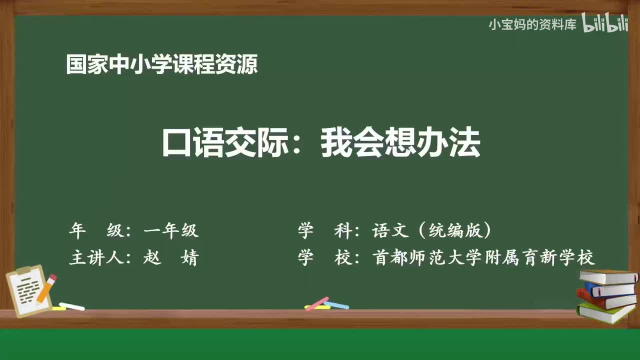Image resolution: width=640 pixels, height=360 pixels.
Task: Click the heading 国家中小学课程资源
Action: [x=161, y=65]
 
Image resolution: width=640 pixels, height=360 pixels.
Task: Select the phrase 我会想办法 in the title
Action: [x=400, y=143]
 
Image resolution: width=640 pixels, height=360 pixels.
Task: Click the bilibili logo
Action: [x=605, y=24]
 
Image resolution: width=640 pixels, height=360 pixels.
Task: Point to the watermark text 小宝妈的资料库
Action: [x=532, y=24]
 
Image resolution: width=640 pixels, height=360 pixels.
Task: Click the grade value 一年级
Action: [x=171, y=230]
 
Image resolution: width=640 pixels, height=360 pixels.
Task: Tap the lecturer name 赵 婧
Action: [x=171, y=258]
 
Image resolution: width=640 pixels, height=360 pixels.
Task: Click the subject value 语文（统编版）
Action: [x=432, y=230]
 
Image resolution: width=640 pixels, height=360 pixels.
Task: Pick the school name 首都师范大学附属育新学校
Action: [x=483, y=258]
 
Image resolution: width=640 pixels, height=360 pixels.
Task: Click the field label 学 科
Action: [x=325, y=230]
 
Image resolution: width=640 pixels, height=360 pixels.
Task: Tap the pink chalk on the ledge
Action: [x=316, y=303]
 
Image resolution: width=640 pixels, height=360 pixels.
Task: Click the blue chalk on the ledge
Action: [x=337, y=305]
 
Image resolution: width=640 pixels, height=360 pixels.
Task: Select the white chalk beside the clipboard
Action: [x=72, y=306]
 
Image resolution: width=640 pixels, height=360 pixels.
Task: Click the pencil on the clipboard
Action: [x=46, y=288]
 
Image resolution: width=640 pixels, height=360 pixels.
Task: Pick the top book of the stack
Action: [x=608, y=276]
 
